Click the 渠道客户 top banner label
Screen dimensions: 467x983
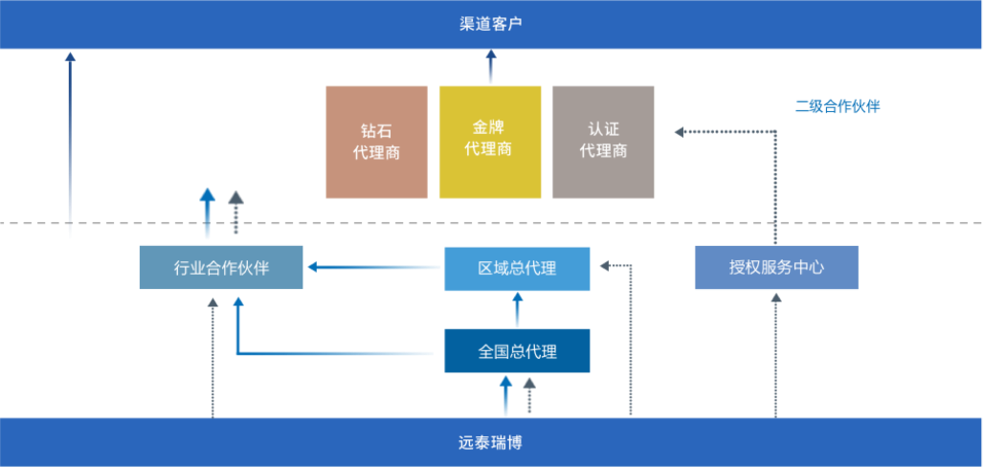491,24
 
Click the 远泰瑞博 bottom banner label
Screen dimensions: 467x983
491,443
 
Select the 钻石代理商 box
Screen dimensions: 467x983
376,142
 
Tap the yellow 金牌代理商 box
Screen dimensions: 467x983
490,142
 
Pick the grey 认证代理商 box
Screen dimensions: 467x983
604,142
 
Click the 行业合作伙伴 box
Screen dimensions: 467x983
221,267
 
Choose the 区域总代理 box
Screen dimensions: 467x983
517,268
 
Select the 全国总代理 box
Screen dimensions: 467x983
517,350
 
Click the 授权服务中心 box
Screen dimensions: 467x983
776,267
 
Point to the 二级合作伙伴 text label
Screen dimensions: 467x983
838,106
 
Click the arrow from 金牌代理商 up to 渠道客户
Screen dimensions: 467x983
491,67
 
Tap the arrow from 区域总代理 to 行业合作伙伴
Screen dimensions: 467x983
373,267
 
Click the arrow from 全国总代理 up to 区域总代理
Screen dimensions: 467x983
518,309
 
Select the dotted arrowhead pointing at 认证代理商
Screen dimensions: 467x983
681,132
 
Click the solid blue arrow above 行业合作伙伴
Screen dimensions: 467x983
208,212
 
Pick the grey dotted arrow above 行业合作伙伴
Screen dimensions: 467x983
235,212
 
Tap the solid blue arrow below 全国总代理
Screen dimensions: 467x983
507,394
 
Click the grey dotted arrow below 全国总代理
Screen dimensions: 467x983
529,394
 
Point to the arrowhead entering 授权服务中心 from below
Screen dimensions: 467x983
776,300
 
